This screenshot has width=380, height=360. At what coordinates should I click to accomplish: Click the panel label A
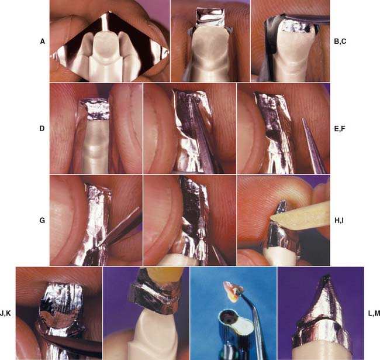(x=43, y=42)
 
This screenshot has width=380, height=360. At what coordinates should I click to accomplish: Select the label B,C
(x=340, y=42)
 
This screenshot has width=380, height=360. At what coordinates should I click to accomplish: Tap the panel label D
(x=42, y=129)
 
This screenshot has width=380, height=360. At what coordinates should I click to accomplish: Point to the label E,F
(x=340, y=129)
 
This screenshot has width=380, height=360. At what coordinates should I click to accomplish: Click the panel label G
(x=42, y=220)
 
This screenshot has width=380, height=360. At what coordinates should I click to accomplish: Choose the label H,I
(x=338, y=221)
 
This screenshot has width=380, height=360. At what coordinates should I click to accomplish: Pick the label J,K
(x=5, y=313)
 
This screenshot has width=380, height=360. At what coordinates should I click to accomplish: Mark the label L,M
(x=374, y=313)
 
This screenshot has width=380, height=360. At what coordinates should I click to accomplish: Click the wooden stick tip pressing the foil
(x=272, y=218)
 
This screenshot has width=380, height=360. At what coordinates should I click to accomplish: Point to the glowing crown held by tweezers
(x=232, y=291)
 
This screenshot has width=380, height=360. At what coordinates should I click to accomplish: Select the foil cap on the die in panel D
(x=95, y=109)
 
